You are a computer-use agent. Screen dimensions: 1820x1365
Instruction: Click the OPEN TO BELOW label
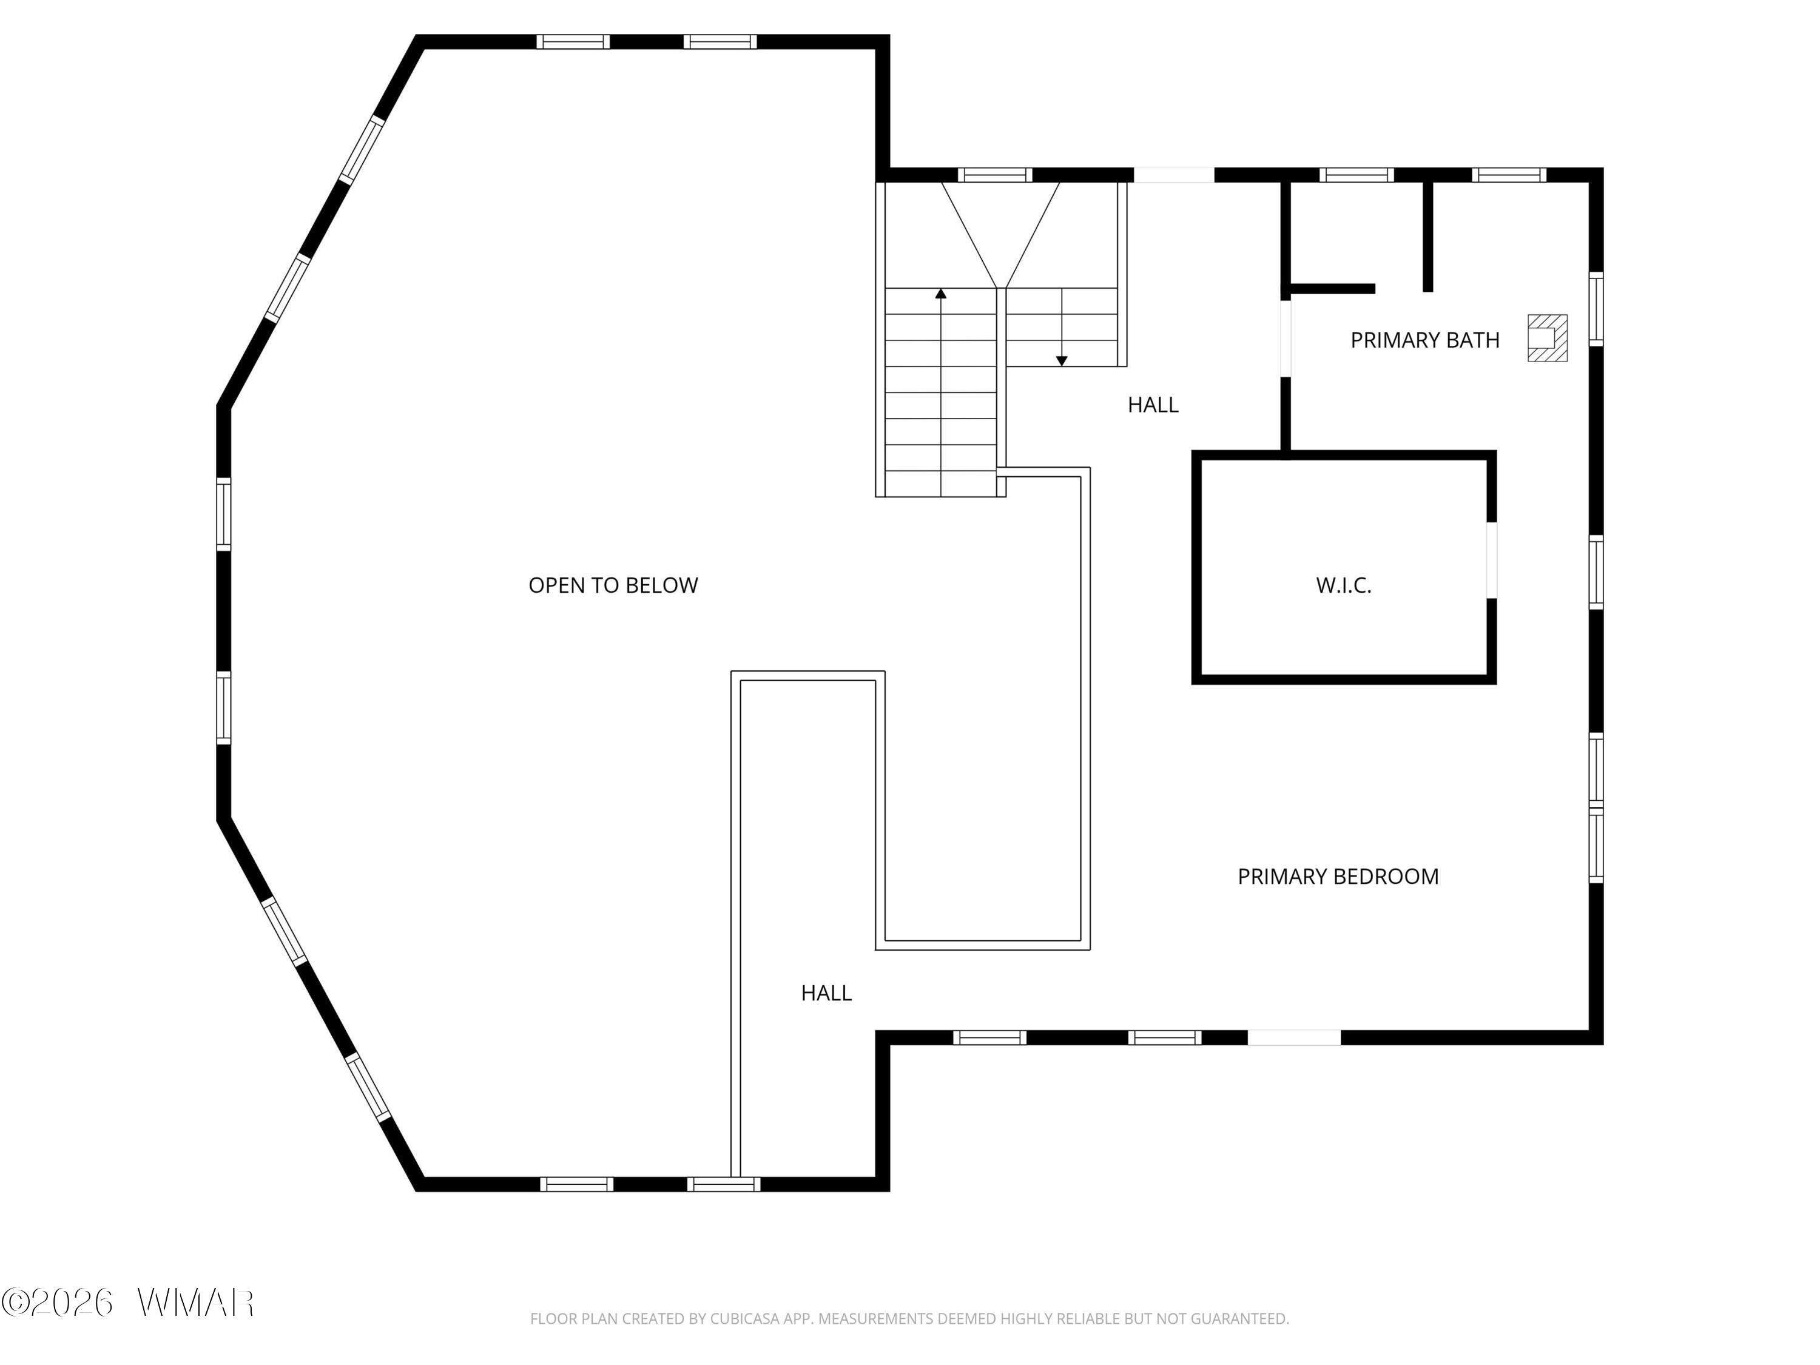(613, 585)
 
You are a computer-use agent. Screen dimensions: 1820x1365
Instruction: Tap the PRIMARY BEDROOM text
(1338, 876)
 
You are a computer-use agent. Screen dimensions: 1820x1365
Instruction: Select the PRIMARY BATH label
(1425, 340)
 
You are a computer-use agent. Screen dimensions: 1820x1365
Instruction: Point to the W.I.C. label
(1344, 585)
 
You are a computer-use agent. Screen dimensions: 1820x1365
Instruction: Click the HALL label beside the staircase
(1153, 405)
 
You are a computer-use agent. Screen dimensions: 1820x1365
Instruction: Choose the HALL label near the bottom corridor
(826, 993)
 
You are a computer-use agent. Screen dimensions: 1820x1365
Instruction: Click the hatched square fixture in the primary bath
(1547, 337)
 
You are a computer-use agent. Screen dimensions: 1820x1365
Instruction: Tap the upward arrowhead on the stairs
(940, 294)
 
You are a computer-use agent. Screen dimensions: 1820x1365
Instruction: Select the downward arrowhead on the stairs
(1062, 360)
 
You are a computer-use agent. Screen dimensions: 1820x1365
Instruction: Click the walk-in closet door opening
(1491, 561)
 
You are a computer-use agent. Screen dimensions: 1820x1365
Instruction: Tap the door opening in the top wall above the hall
(1174, 175)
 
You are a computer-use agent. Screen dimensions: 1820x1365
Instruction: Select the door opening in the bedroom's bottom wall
(1294, 1037)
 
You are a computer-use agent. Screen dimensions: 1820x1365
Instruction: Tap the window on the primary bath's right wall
(1596, 309)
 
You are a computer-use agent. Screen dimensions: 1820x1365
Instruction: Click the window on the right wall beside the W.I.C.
(1596, 573)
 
